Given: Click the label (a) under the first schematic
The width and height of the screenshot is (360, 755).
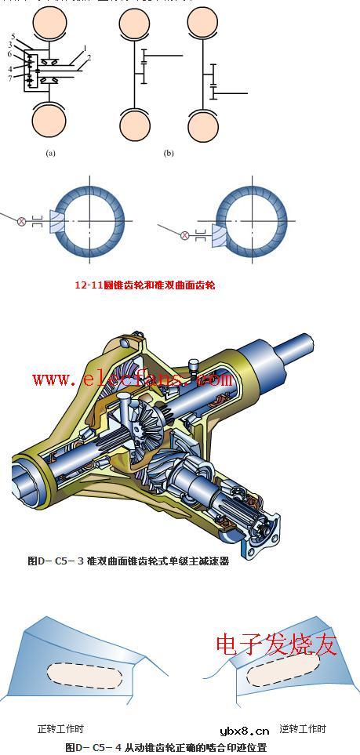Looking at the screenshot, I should coord(51,154).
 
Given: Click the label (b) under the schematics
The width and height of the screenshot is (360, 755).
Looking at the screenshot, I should coord(169,154).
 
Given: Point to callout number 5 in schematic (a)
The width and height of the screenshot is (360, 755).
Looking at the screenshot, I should coord(13,37).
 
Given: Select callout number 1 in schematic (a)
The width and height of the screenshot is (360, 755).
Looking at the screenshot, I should coord(83,49).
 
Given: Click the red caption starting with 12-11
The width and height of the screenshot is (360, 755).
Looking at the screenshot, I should coord(144,285).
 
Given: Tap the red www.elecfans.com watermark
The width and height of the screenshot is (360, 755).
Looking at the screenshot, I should coord(127,379).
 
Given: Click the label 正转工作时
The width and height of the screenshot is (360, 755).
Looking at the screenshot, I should coord(60,729).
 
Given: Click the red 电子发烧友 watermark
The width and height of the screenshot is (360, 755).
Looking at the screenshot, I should coord(276,644).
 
